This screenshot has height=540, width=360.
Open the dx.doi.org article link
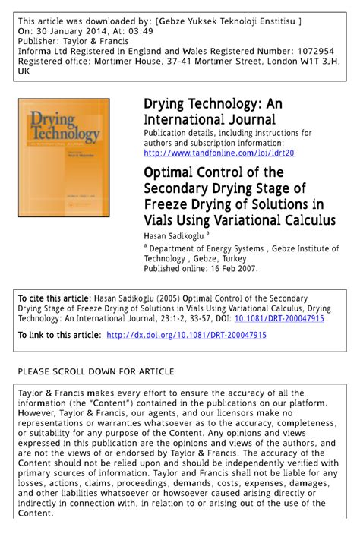point(186,335)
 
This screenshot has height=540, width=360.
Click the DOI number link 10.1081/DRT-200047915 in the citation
point(274,319)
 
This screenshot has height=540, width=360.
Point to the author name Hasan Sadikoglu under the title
point(173,236)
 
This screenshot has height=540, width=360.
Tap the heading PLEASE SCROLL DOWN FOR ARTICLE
point(95,371)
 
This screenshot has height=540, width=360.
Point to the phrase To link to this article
point(58,335)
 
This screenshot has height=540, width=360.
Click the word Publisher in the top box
point(39,41)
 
